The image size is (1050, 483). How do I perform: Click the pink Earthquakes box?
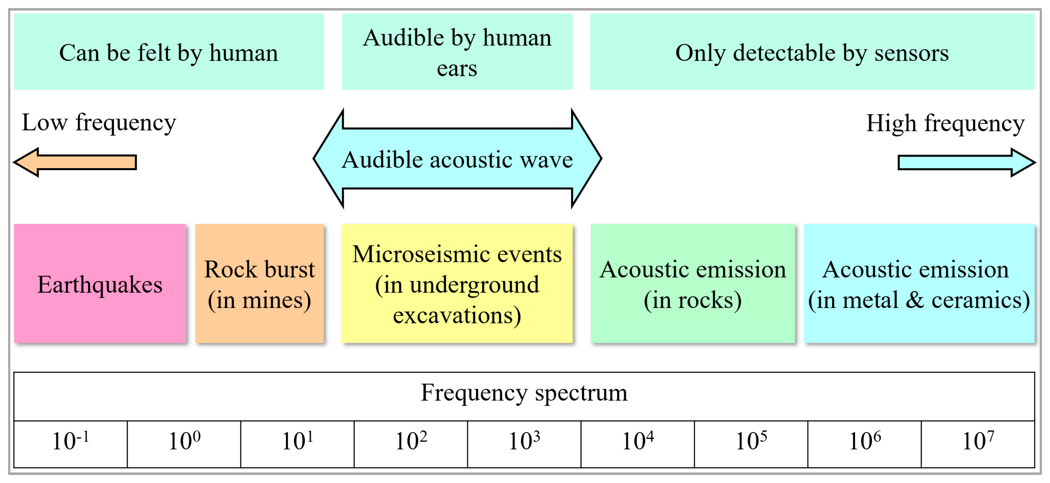(100, 283)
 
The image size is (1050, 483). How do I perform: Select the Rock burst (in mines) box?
(259, 283)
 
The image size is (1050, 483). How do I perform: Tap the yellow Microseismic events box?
(457, 283)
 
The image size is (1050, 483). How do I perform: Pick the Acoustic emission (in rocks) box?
(693, 283)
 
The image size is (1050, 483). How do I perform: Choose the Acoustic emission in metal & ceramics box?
(919, 283)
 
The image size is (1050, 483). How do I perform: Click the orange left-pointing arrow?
(75, 162)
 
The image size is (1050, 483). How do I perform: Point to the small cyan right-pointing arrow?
(966, 162)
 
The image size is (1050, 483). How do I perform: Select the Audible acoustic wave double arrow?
(457, 159)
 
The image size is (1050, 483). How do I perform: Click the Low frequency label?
(99, 122)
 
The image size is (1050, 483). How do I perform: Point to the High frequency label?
(945, 123)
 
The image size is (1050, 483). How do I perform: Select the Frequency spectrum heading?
(524, 392)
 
